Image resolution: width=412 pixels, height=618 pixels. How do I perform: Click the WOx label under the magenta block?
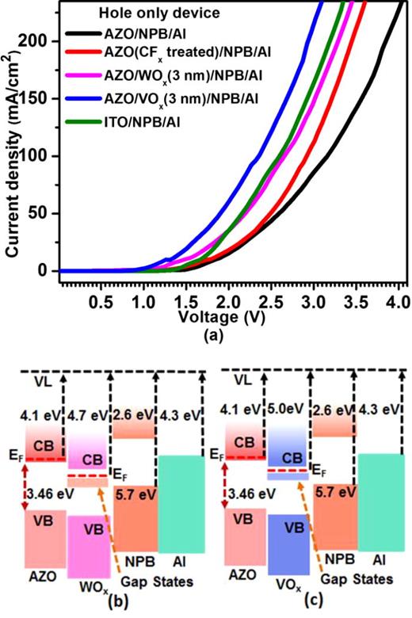tap(89, 593)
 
